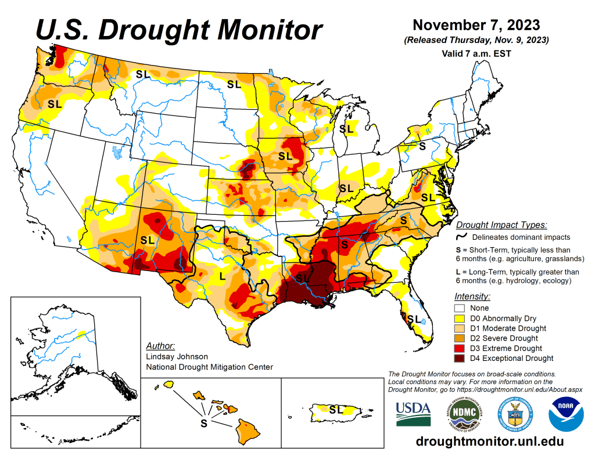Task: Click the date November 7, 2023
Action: pos(476,26)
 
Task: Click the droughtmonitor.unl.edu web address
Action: pos(490,442)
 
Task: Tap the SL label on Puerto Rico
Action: pos(336,409)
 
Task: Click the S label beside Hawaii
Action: pos(203,423)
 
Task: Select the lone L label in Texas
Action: pos(222,276)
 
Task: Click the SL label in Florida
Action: pos(414,319)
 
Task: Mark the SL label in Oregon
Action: pos(55,104)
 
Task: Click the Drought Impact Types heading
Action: pos(501,225)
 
